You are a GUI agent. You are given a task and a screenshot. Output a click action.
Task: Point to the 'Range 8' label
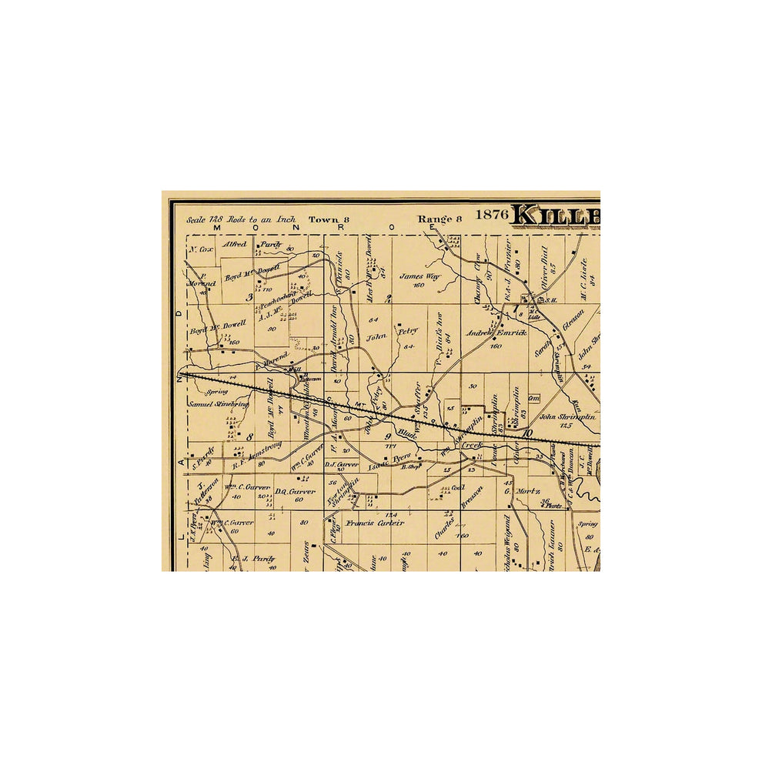439,219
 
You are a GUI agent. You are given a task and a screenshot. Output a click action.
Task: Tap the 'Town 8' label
329,219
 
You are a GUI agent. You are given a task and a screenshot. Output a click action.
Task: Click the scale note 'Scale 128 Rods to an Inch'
241,219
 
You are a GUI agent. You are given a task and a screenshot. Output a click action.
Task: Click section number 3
249,297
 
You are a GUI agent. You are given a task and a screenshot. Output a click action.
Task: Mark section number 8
249,436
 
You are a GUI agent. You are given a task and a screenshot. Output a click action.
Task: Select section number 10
527,433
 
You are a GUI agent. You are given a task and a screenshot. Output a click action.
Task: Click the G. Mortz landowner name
523,491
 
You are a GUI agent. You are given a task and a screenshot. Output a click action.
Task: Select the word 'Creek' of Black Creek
471,446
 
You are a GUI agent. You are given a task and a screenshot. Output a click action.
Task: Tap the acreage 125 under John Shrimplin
568,426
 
